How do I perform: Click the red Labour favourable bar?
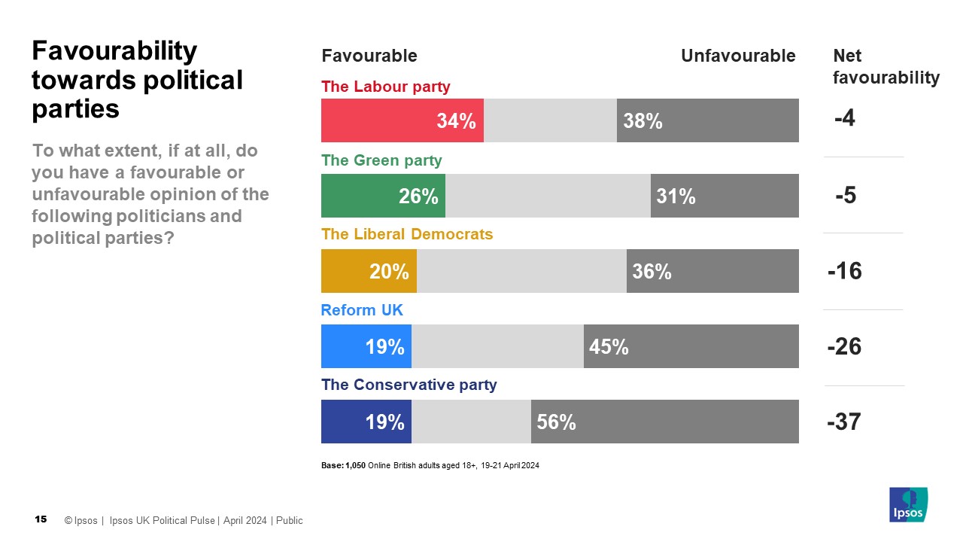point(402,120)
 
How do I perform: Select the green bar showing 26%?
point(383,196)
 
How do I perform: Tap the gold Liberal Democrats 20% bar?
point(369,271)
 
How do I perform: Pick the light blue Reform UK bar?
point(366,346)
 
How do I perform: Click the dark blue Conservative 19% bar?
point(366,422)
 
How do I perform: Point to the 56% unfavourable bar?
point(664,422)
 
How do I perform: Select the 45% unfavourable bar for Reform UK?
point(691,346)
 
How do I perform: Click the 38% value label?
point(643,121)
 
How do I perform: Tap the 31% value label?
point(676,196)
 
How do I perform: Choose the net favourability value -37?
point(843,422)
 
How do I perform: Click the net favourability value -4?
point(844,119)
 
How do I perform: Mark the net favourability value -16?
point(844,271)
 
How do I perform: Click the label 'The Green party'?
point(381,160)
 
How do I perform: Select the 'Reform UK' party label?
point(357,310)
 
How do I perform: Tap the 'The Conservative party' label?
point(409,385)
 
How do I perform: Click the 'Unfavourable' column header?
point(737,56)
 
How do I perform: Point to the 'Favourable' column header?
point(369,56)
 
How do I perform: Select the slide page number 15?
point(41,519)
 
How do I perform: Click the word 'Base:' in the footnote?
point(332,465)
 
